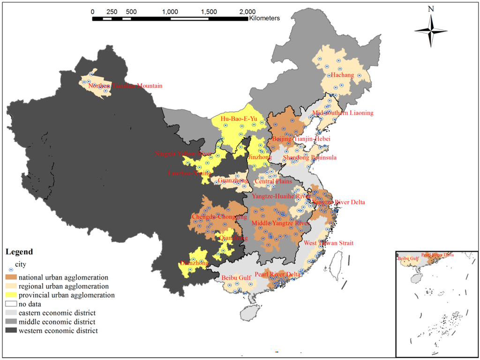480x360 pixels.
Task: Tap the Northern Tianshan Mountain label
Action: coord(125,86)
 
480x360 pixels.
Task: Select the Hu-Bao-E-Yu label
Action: coord(239,119)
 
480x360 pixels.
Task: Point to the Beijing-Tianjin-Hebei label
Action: coord(301,139)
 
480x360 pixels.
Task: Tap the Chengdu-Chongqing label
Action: coord(219,217)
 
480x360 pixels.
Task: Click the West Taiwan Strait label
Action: coord(329,243)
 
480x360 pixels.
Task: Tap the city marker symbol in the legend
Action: coord(11,269)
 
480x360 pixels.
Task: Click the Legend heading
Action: coord(19,252)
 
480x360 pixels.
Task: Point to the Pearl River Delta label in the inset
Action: coord(437,255)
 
